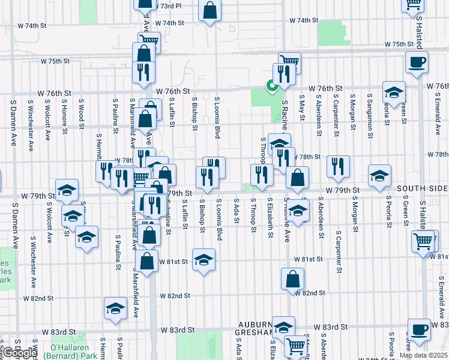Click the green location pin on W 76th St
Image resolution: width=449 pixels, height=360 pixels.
[x=271, y=86]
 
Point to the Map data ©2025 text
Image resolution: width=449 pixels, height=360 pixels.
[x=423, y=355]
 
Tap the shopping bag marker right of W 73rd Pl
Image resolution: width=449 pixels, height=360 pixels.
[x=210, y=10]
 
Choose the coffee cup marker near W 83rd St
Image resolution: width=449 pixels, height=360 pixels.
[x=419, y=329]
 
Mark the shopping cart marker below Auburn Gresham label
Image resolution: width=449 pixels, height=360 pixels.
[x=295, y=345]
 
